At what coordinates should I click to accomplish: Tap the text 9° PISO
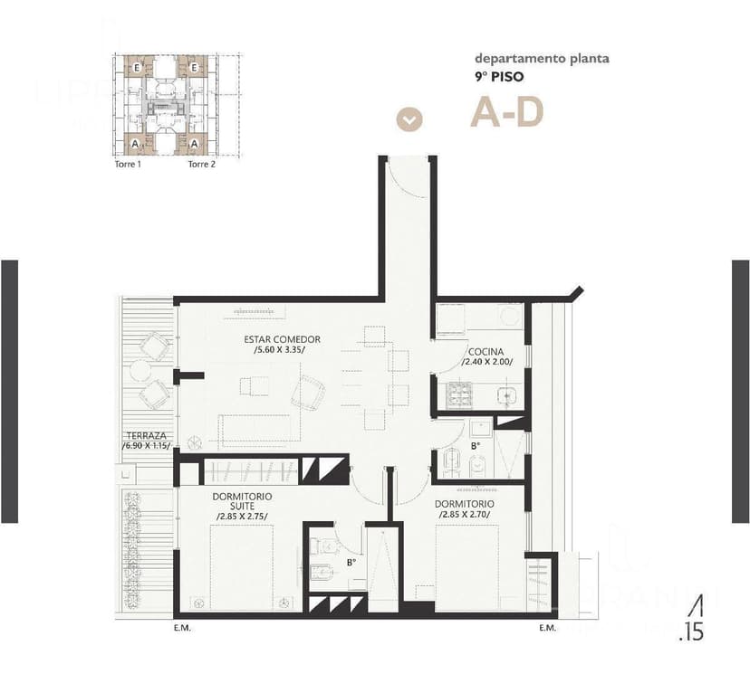501,77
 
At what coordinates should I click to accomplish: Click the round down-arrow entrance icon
410,119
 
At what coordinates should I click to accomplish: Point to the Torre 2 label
201,165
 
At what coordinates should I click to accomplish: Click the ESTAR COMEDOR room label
282,340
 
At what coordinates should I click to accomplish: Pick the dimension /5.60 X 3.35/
280,351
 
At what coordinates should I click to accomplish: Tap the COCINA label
486,351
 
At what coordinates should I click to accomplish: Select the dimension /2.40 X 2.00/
487,362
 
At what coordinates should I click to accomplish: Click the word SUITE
242,507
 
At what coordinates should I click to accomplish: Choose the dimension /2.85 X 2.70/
464,515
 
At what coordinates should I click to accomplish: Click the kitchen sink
505,394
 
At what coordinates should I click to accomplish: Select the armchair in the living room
311,392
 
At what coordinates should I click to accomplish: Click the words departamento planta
542,60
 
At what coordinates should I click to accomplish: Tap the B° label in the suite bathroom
351,561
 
